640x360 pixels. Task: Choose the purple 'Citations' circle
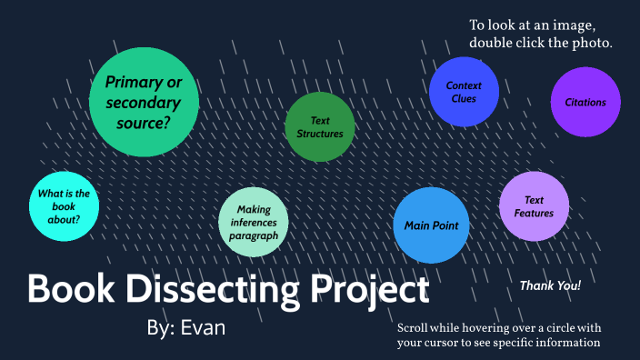click(585, 103)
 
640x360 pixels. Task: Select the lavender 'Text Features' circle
click(534, 206)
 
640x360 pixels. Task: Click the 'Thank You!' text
click(550, 285)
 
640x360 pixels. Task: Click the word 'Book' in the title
click(69, 289)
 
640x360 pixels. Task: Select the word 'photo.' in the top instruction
click(591, 43)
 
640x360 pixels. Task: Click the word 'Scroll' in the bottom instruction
click(415, 327)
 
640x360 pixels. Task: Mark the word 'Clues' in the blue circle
click(464, 99)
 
